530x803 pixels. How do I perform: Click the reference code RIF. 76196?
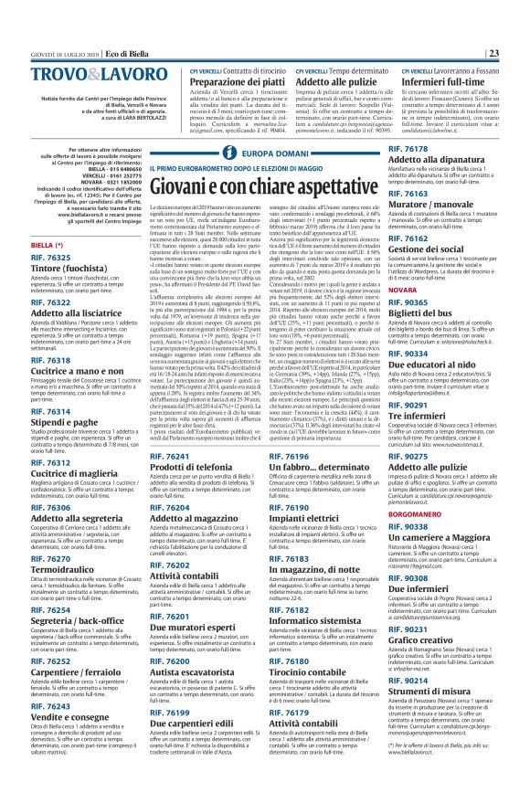314,456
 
